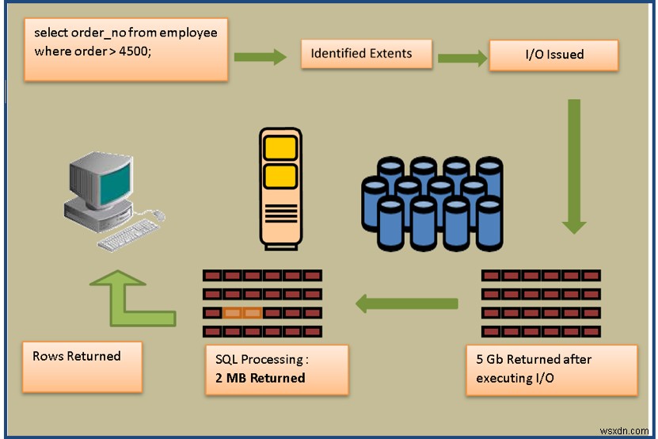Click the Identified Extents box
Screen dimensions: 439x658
click(367, 54)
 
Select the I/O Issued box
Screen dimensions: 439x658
click(553, 55)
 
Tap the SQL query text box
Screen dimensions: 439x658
click(126, 49)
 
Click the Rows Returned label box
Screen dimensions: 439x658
click(82, 366)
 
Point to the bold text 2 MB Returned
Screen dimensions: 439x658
click(255, 378)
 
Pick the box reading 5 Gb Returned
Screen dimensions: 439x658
click(551, 369)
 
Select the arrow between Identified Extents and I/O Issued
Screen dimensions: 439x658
click(462, 57)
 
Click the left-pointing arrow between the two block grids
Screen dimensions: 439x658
click(406, 303)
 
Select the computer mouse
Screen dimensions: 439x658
click(159, 214)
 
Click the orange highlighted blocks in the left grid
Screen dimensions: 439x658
click(242, 312)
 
